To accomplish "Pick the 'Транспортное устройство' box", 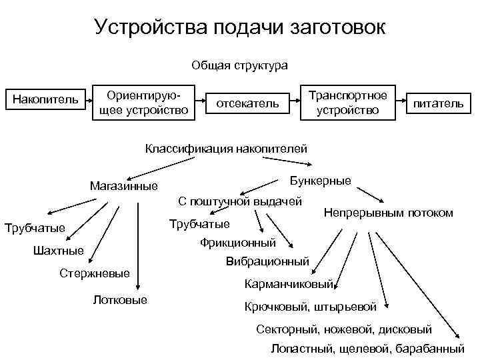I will point(348,101).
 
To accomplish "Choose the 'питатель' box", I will point(437,104).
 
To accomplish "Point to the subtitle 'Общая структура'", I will point(239,65).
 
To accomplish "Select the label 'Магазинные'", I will point(123,186).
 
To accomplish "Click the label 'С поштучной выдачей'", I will point(240,201).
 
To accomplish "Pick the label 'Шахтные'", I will point(58,251).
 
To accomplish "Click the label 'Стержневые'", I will point(94,273).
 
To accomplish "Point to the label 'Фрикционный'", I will point(237,243).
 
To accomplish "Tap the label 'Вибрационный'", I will point(267,262).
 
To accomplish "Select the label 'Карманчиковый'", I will point(289,285).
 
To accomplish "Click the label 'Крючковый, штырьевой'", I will point(311,307).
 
